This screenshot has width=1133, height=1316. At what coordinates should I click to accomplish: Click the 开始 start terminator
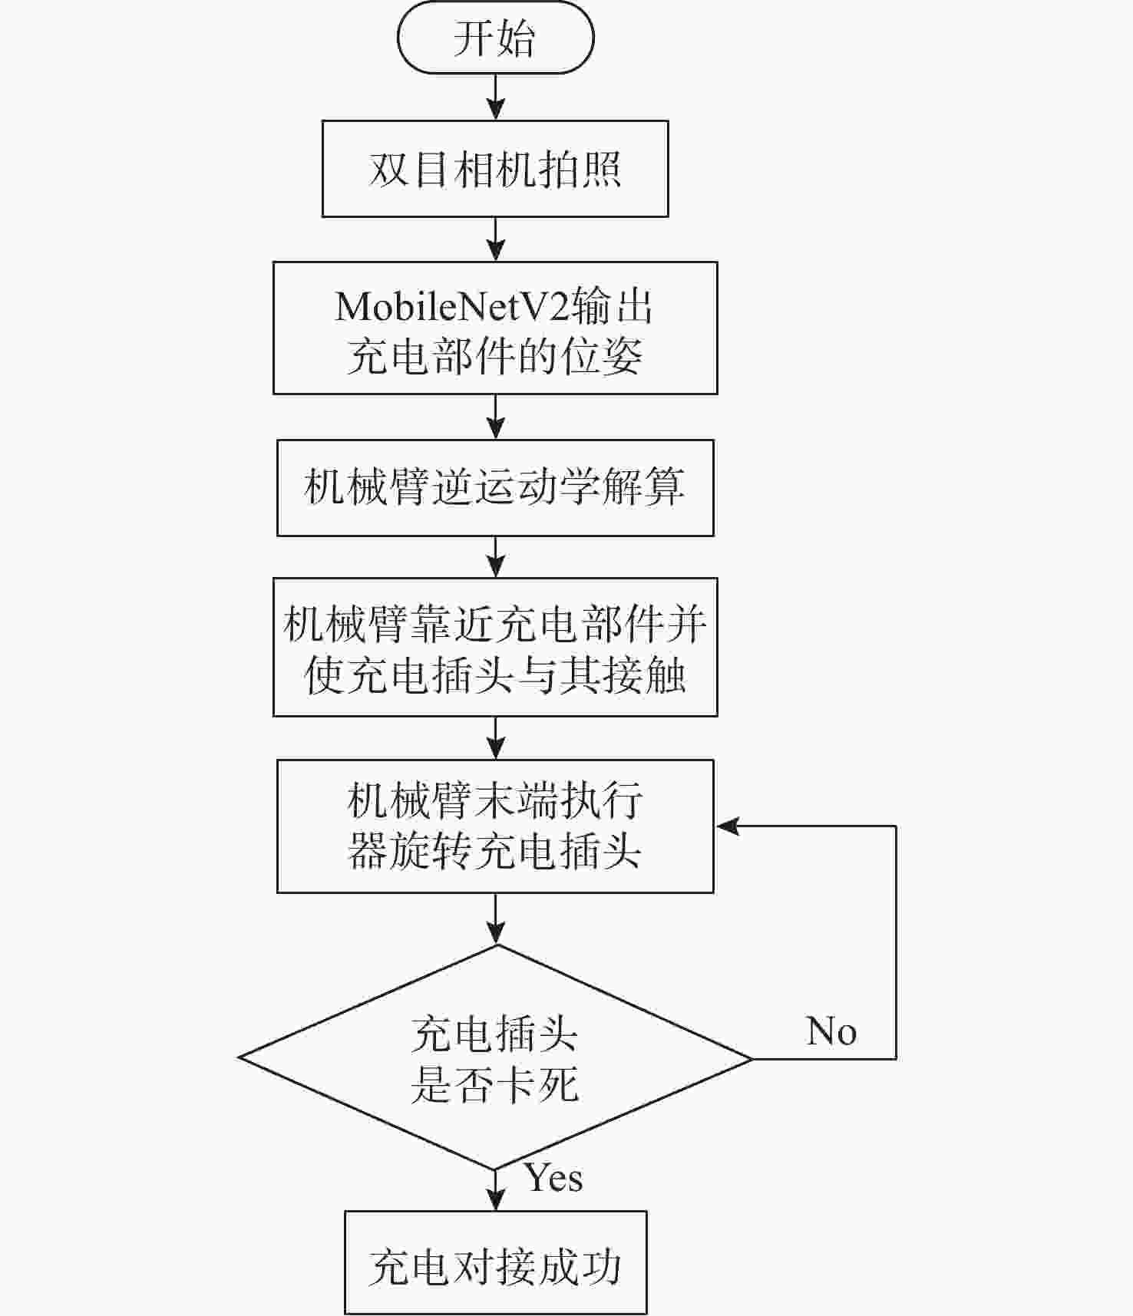495,38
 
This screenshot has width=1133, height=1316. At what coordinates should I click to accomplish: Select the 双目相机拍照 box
495,169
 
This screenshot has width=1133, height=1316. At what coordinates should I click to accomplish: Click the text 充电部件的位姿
495,356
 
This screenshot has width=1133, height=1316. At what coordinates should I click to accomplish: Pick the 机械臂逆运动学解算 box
495,487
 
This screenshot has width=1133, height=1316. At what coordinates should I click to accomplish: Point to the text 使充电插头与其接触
495,675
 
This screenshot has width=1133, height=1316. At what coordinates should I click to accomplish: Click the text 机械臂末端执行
495,801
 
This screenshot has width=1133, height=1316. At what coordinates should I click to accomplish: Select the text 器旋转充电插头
495,851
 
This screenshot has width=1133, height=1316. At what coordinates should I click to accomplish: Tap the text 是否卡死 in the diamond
495,1085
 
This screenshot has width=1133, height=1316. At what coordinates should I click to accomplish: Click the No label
831,1031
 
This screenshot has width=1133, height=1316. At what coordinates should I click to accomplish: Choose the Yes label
553,1178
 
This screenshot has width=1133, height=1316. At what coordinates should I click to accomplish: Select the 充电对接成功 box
495,1262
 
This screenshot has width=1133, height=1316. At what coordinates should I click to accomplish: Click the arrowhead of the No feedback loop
726,826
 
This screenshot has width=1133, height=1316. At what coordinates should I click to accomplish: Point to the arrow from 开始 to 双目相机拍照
497,97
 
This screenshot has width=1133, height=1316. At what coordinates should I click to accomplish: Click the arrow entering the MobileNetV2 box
497,239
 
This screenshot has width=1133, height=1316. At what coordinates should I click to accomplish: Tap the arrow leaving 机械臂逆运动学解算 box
497,556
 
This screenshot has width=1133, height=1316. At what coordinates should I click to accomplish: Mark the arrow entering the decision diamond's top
497,919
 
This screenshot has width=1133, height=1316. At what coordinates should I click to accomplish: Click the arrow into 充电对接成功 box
497,1191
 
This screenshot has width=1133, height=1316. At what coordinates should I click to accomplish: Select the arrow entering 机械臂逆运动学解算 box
497,417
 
